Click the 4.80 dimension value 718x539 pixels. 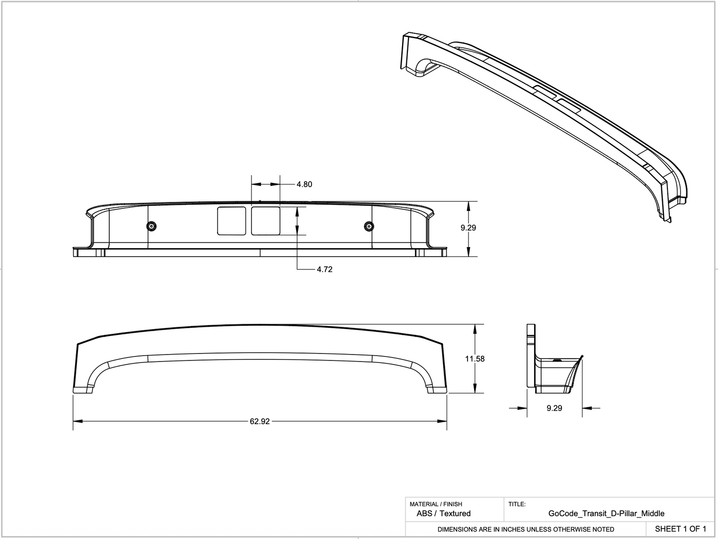pos(304,184)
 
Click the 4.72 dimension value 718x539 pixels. pos(324,269)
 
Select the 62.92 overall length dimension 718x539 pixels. pos(259,422)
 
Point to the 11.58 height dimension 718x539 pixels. pos(475,359)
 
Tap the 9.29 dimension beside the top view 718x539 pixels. pos(468,228)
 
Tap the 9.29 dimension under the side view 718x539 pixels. pos(554,408)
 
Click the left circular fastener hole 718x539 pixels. pos(152,227)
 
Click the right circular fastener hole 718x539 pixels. pos(368,227)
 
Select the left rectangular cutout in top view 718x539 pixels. pos(232,221)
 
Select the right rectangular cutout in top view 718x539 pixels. pos(265,221)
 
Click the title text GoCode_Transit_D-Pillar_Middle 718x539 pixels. pos(606,514)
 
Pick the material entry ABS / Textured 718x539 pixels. pos(443,514)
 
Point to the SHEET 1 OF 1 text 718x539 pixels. pos(680,529)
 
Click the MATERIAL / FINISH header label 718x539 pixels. pos(436,504)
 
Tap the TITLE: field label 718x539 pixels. pos(517,504)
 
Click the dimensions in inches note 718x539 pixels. pos(526,530)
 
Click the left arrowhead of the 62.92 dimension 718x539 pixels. pos(78,422)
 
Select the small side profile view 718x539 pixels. pos(554,359)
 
